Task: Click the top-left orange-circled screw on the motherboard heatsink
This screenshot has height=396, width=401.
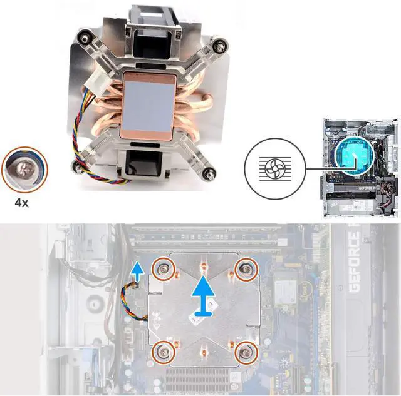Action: tap(165, 268)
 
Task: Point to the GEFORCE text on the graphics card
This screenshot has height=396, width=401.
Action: tap(354, 263)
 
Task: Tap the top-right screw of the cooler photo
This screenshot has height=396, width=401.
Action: tap(219, 46)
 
